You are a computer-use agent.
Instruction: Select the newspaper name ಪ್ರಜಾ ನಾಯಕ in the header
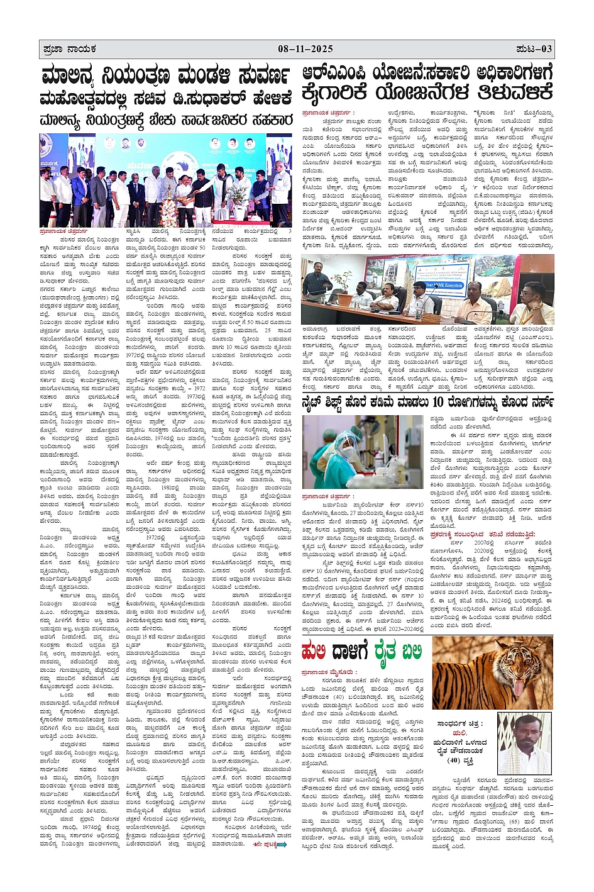[70, 49]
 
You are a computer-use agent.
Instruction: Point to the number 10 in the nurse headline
[437, 402]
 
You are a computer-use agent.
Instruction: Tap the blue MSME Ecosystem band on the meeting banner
[443, 284]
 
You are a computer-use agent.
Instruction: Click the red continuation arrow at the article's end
[279, 845]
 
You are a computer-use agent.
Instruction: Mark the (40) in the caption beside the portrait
[454, 761]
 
